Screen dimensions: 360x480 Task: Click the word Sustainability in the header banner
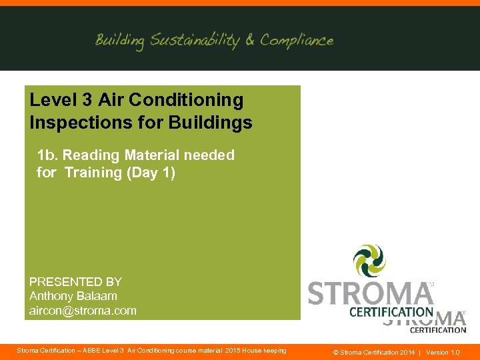194,41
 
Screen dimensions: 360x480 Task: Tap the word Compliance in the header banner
297,41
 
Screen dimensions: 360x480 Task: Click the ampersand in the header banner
250,41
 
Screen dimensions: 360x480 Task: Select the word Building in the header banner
119,41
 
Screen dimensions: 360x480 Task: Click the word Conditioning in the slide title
186,100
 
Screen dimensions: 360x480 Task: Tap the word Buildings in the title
213,123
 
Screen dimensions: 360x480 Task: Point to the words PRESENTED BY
75,282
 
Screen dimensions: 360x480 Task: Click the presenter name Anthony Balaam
73,296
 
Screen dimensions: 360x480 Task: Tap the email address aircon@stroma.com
83,311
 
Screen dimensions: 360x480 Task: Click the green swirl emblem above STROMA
369,261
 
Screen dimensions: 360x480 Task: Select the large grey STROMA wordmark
371,294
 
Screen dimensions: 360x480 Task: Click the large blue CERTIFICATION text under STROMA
391,311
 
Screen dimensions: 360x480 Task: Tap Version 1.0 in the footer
443,352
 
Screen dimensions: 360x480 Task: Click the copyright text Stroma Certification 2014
373,352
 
